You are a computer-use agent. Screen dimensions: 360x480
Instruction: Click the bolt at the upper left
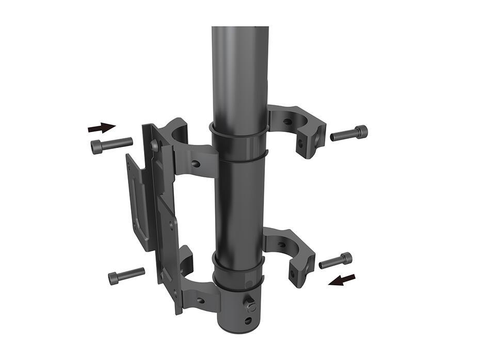point(111,145)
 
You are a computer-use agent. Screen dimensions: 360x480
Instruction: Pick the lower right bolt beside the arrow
point(335,260)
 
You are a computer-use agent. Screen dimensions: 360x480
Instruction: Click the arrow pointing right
point(102,126)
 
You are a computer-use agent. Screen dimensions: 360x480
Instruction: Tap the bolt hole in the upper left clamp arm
point(196,164)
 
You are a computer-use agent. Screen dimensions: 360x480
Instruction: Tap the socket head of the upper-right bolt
point(362,132)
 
